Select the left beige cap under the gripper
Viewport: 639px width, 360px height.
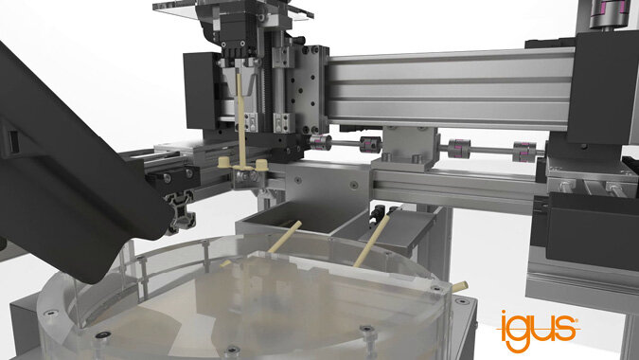click(x=224, y=163)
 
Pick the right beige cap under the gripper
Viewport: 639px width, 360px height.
click(x=261, y=164)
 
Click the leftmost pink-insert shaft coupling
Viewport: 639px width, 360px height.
click(x=320, y=143)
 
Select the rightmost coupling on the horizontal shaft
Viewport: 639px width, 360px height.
click(x=524, y=152)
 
